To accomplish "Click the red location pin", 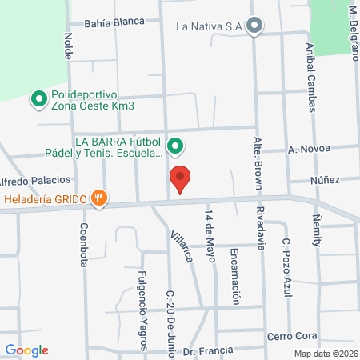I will pos(180,179).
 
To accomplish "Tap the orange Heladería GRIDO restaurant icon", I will pos(99,199).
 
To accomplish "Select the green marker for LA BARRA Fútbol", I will pos(177,146).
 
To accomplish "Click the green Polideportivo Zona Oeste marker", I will pos(38,100).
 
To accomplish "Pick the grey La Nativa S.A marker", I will pos(254,26).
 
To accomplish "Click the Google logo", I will pos(27,350).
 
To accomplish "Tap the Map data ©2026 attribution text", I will pos(325,354).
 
